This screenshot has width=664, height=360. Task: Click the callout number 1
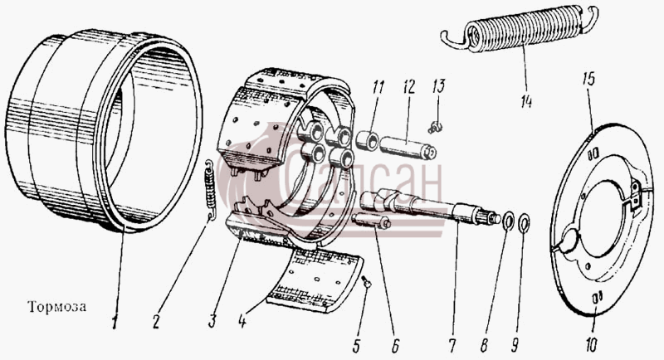[115, 324]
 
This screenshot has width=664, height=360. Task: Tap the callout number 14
[526, 101]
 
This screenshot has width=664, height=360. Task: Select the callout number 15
[588, 79]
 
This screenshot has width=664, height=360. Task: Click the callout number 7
[452, 346]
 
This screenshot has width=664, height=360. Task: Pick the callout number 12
[408, 88]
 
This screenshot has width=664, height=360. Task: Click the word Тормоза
[56, 306]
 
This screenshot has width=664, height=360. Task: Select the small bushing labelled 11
[367, 141]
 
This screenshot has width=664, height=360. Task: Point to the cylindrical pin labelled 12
[408, 147]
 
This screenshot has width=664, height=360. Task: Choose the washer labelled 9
[525, 222]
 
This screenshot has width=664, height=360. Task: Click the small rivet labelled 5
[366, 281]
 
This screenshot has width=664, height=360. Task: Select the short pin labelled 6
[371, 221]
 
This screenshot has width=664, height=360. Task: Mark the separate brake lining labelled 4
[315, 280]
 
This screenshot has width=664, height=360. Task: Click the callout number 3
[212, 322]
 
